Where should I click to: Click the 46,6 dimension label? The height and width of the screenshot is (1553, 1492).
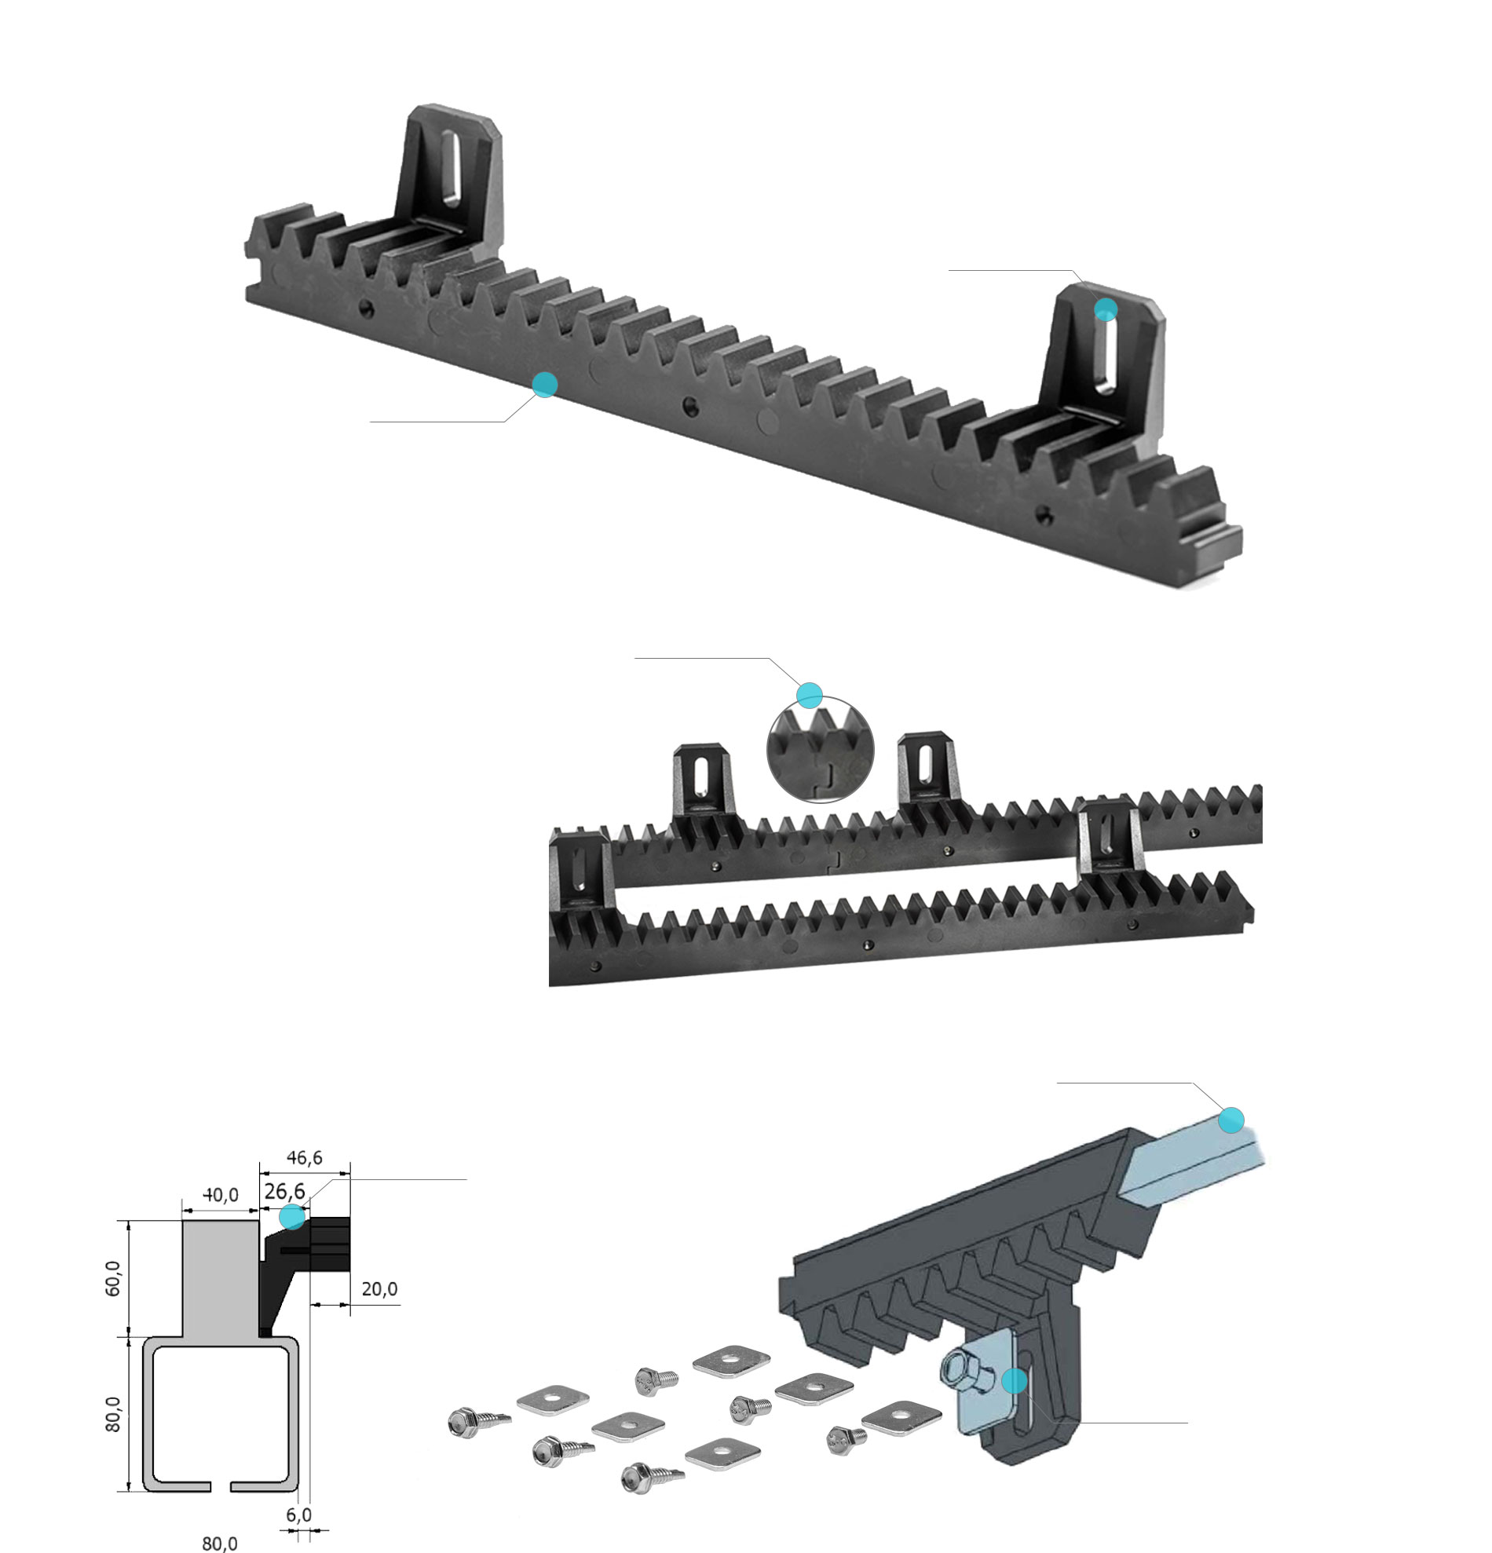[304, 1157]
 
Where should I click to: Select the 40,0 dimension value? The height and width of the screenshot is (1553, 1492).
[221, 1194]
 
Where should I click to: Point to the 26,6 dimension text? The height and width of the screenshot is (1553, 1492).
[284, 1191]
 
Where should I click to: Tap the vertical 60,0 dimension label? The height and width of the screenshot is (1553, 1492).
[113, 1278]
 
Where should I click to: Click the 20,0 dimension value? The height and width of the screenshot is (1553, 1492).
[379, 1289]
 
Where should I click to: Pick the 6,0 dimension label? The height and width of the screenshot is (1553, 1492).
[298, 1515]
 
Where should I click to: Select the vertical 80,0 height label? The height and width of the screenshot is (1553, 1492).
[113, 1414]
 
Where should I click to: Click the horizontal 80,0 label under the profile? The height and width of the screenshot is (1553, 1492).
[220, 1544]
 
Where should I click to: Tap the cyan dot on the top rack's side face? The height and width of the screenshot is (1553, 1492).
[544, 384]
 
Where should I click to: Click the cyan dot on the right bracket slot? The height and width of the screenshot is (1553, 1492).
[1106, 309]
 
